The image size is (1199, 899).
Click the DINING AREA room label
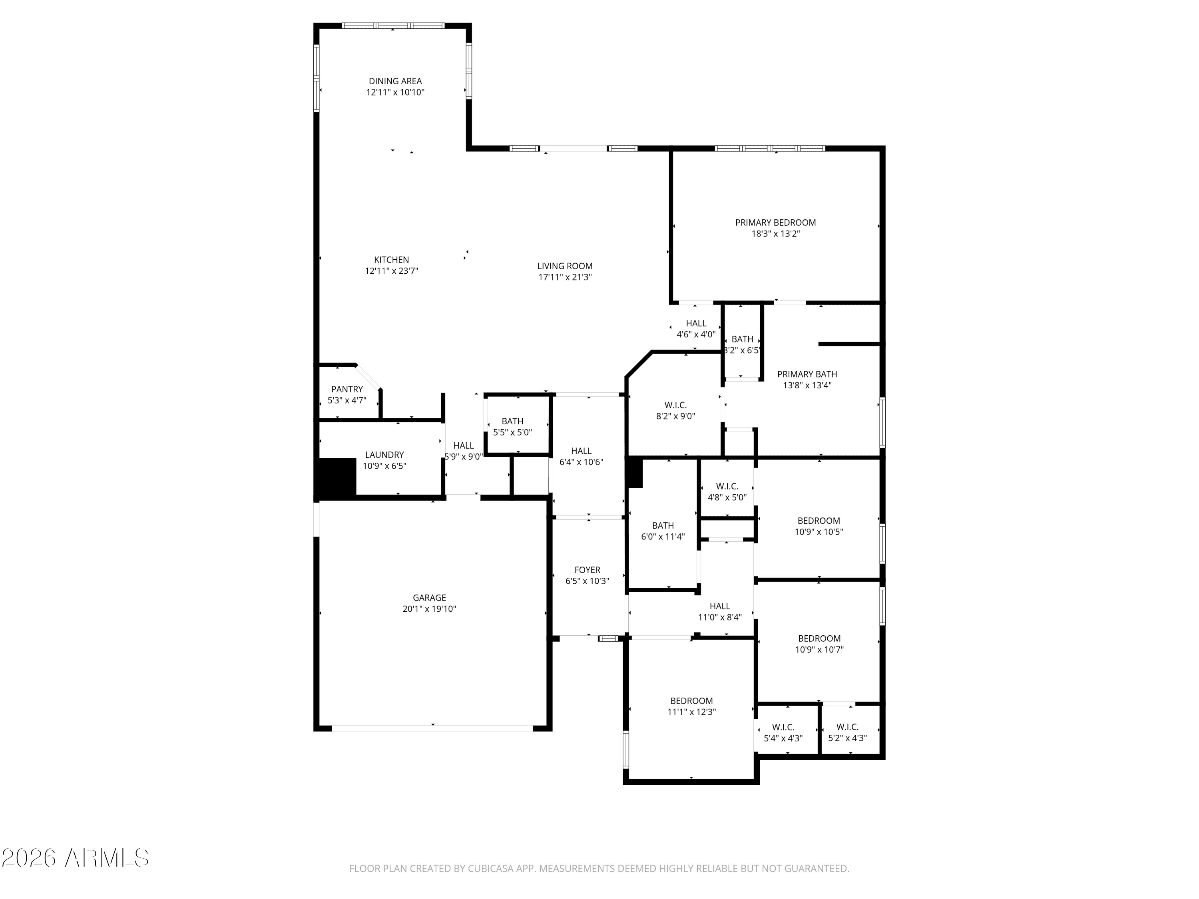395,81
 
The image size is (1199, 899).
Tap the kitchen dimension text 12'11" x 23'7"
391,271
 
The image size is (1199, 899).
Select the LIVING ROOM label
565,266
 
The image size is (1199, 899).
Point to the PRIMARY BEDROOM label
775,223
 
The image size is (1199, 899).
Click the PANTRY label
347,390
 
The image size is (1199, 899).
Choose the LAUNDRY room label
384,455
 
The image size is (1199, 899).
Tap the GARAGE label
429,598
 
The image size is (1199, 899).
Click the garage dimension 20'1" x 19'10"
429,609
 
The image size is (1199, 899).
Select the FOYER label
587,570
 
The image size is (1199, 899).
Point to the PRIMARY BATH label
807,374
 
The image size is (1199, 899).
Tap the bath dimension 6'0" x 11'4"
663,537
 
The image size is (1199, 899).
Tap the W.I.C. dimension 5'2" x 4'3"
847,738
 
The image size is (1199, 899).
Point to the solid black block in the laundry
336,478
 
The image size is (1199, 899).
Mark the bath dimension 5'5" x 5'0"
512,432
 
